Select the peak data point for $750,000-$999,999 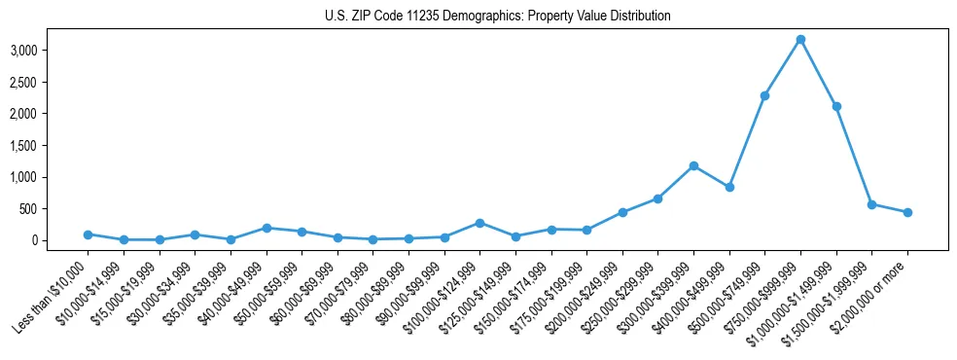[800, 39]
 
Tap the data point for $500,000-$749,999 [764, 95]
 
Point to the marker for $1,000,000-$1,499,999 [836, 106]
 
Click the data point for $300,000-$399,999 [693, 165]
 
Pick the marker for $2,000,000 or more [907, 212]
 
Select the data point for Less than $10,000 [88, 234]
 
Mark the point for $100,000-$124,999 [479, 223]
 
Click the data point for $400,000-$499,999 [729, 187]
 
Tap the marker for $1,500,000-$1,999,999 [871, 204]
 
